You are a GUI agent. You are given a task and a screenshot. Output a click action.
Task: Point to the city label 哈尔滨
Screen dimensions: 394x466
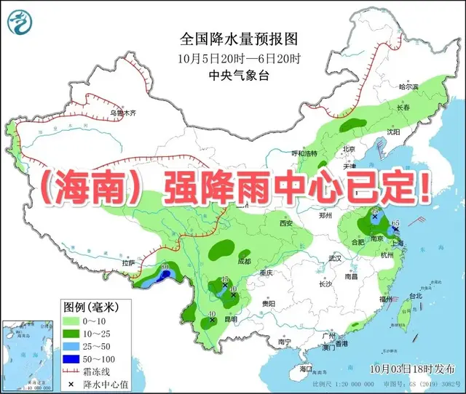[x=409, y=87]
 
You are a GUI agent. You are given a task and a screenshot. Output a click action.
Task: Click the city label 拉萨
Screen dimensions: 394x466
[x=128, y=262]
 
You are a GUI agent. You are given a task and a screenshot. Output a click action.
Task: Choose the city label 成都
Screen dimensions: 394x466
[x=243, y=261]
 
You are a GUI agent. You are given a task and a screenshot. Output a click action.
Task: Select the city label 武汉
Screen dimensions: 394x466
[x=334, y=258]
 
